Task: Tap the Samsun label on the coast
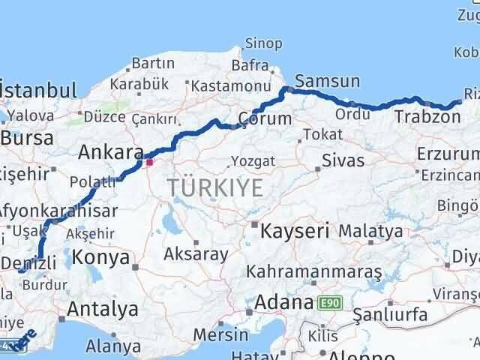pyautogui.click(x=328, y=81)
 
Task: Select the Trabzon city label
pyautogui.click(x=427, y=117)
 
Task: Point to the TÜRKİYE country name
pyautogui.click(x=215, y=187)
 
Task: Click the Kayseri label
pyautogui.click(x=295, y=231)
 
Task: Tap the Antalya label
pyautogui.click(x=103, y=309)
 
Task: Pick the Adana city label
pyautogui.click(x=283, y=303)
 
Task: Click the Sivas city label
pyautogui.click(x=343, y=160)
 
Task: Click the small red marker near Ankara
pyautogui.click(x=149, y=161)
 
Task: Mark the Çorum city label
pyautogui.click(x=264, y=118)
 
